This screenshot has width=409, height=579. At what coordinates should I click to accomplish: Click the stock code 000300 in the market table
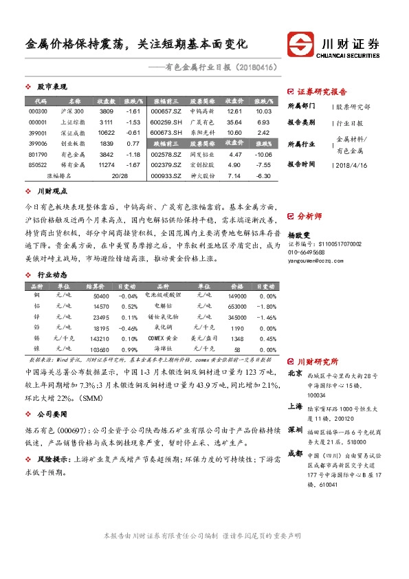pos(38,111)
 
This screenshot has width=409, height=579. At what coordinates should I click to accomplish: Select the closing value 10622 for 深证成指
pos(106,133)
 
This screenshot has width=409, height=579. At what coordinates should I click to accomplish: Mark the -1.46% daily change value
pos(267,317)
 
